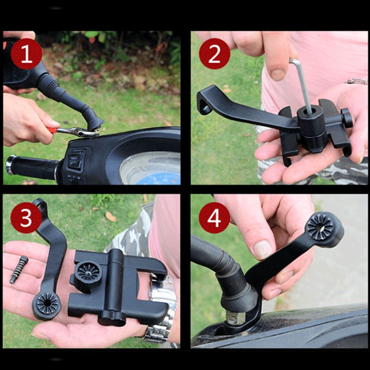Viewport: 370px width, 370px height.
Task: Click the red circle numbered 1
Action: [26, 54]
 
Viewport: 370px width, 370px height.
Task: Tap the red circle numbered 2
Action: [215, 54]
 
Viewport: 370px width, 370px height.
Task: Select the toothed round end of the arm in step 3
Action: [47, 303]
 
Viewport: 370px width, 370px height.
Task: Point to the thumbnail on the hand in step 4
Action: [262, 249]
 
